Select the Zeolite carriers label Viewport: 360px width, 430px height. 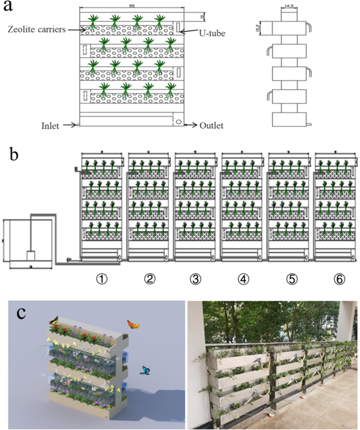pyautogui.click(x=36, y=29)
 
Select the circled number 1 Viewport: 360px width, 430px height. pyautogui.click(x=104, y=279)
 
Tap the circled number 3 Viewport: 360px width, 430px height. pyautogui.click(x=196, y=279)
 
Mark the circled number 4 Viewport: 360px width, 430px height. pyautogui.click(x=243, y=279)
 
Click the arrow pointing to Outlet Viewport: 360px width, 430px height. pyautogui.click(x=191, y=126)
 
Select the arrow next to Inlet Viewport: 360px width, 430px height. pyautogui.click(x=70, y=126)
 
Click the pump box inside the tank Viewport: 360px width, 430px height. pyautogui.click(x=31, y=256)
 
